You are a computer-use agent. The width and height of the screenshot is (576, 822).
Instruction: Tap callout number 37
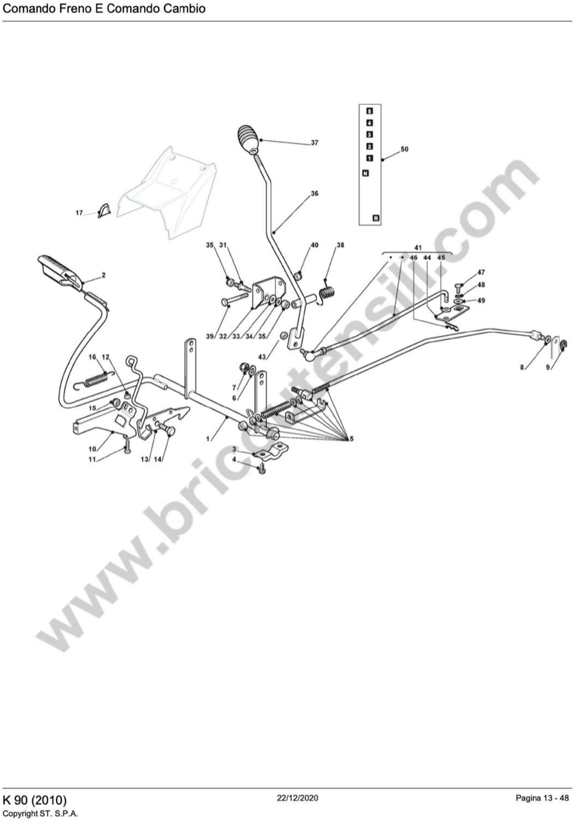tap(314, 143)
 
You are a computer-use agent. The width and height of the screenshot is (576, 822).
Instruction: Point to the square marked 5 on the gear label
tap(370, 111)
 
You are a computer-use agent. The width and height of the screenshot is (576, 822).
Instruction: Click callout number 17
tap(79, 213)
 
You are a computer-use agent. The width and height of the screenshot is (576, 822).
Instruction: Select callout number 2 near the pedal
tap(104, 275)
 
